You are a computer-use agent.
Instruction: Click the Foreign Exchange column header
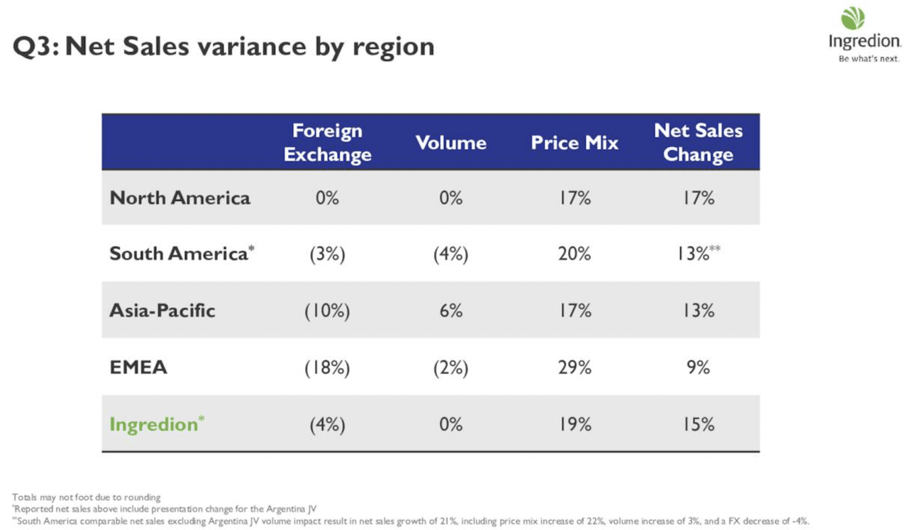coord(327,143)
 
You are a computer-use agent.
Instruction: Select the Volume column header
coord(450,143)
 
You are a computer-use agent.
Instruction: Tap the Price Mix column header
coord(575,143)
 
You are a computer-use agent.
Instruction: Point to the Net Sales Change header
coord(698,143)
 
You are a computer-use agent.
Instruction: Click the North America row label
coord(179,197)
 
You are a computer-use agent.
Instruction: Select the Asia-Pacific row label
coord(162,311)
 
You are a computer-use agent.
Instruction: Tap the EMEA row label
coord(138,368)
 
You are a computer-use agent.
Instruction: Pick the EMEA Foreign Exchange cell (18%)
coord(327,368)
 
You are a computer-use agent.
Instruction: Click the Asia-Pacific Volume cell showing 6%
coord(450,311)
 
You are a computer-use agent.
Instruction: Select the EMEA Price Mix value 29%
coord(575,368)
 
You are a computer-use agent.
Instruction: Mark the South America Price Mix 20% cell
coord(575,254)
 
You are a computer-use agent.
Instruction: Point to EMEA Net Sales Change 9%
coord(698,368)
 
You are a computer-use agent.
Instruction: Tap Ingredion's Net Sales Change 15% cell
coord(698,424)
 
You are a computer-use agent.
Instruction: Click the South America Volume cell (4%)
coord(450,254)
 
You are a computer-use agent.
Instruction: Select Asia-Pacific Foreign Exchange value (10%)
coord(327,311)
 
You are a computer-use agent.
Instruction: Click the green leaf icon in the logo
coord(853,18)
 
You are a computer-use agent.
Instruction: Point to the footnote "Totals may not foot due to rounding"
coord(87,497)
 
